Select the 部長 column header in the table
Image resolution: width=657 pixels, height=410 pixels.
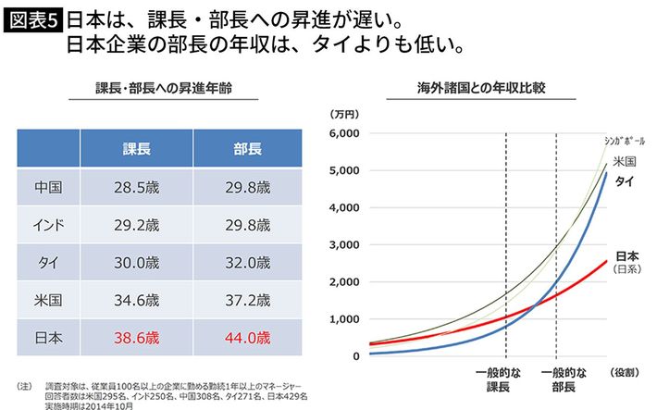(x=247, y=148)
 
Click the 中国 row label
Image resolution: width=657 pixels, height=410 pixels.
(x=48, y=187)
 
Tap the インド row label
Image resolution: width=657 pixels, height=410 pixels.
(x=48, y=225)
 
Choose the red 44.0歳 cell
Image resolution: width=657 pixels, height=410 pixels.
(x=247, y=339)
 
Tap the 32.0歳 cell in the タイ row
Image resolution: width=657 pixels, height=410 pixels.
(x=247, y=263)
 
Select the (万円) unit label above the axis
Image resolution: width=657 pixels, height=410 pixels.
(x=343, y=114)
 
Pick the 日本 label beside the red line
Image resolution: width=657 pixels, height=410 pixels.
(x=626, y=256)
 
